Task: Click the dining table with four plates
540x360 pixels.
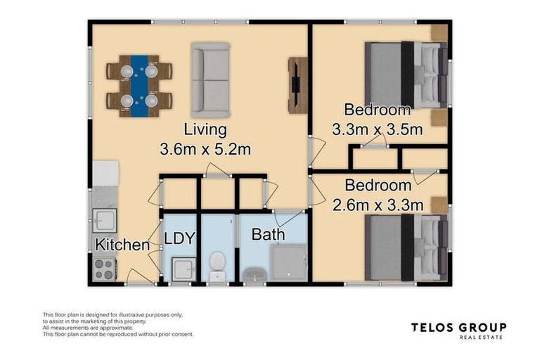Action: [x=139, y=86]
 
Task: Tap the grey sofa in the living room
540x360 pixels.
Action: [x=210, y=80]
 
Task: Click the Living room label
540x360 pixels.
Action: [x=205, y=130]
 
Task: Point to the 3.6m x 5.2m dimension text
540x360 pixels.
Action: [x=205, y=149]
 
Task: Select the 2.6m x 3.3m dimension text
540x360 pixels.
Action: [x=377, y=205]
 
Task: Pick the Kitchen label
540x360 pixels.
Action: [x=122, y=245]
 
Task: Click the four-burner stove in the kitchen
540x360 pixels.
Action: [x=104, y=269]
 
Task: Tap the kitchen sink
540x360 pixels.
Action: [x=103, y=221]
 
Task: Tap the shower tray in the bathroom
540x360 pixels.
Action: [x=289, y=264]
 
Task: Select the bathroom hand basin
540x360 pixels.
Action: [x=252, y=273]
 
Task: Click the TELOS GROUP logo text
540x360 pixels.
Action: [x=458, y=327]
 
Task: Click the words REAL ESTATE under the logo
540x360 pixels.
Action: [x=482, y=337]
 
